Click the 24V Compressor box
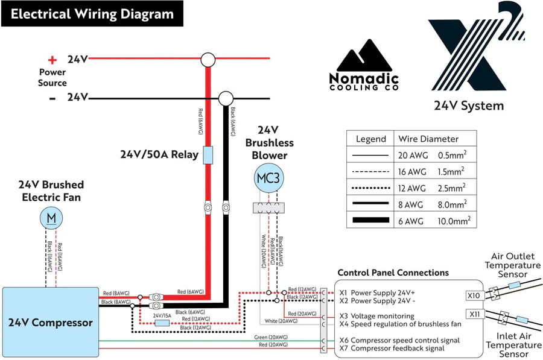pos(50,322)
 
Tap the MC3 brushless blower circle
pos(268,178)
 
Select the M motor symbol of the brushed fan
pos(52,217)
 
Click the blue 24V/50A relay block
pos(208,154)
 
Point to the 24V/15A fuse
pos(162,323)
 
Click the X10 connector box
pos(474,296)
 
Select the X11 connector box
pos(474,314)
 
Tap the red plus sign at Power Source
pos(52,60)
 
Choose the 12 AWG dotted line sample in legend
pos(370,188)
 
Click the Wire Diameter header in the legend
pos(428,139)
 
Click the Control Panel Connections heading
pos(393,273)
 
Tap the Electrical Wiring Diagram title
pos(92,14)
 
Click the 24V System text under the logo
pos(468,106)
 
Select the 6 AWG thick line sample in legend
pos(370,221)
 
